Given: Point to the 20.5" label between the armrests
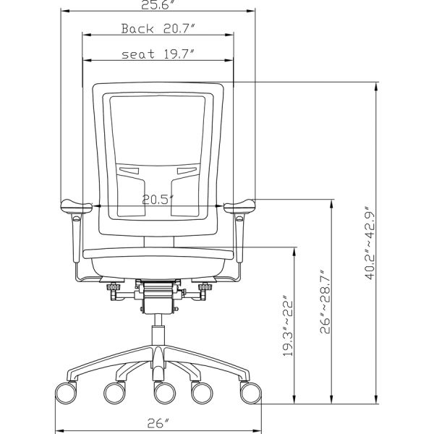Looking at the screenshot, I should (157, 200).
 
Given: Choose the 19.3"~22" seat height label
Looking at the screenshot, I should (287, 325).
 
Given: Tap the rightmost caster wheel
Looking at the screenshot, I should (250, 393).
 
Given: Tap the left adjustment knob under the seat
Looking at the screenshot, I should (114, 292).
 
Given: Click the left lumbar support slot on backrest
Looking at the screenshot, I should (130, 171).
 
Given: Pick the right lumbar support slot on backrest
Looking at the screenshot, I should (187, 171).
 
